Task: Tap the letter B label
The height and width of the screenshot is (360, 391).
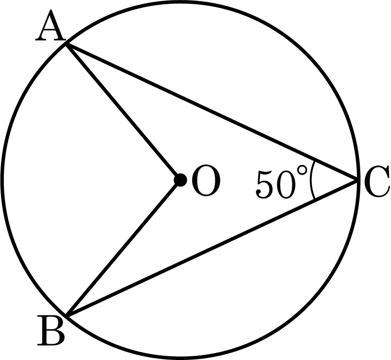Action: point(51,330)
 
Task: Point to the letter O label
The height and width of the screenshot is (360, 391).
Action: point(206,180)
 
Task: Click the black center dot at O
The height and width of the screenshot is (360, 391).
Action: point(180,180)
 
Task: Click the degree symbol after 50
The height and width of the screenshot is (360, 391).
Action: point(302,171)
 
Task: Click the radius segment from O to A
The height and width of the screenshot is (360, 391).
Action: point(123,112)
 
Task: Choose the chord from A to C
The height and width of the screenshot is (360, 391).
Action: point(212,112)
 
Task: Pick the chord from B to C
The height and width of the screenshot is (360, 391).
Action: point(212,248)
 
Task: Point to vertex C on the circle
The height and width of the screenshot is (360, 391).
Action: point(357,180)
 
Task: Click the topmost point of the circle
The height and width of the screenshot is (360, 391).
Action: point(180,2)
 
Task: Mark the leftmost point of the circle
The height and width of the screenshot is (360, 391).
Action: point(2,180)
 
